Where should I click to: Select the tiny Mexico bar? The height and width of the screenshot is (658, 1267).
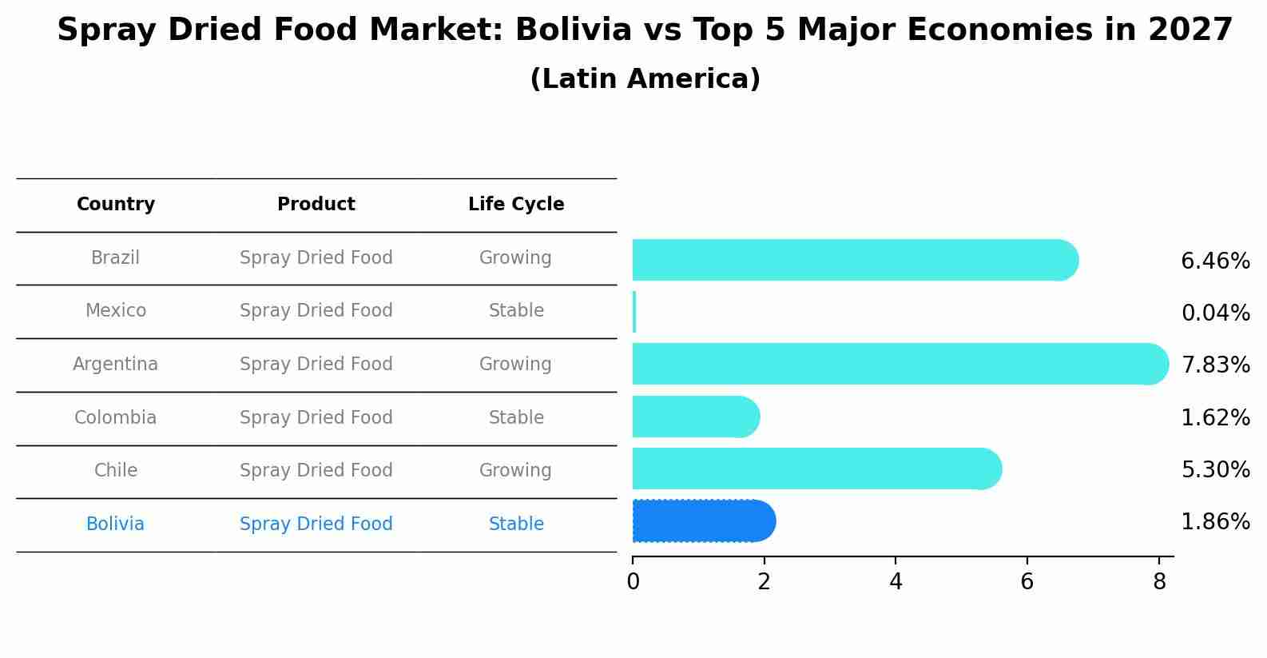pyautogui.click(x=634, y=312)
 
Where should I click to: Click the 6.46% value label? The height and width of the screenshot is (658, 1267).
pyautogui.click(x=1215, y=261)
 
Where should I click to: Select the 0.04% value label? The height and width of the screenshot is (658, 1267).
pyautogui.click(x=1215, y=313)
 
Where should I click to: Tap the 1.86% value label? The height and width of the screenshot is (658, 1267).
pyautogui.click(x=1215, y=522)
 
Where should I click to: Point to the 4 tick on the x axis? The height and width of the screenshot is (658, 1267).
pyautogui.click(x=896, y=581)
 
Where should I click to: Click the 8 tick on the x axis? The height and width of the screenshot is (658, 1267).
pyautogui.click(x=1159, y=581)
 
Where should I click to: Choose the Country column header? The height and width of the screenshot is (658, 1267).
pyautogui.click(x=116, y=205)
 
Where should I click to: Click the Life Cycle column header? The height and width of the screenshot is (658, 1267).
pyautogui.click(x=516, y=205)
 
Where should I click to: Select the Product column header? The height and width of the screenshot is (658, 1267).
pyautogui.click(x=316, y=205)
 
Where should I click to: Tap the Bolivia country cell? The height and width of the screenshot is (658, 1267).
pyautogui.click(x=115, y=524)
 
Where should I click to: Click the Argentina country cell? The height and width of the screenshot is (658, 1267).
pyautogui.click(x=115, y=365)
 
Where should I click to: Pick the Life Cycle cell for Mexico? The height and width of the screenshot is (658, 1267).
pyautogui.click(x=516, y=311)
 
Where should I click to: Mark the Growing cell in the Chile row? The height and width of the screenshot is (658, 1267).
pyautogui.click(x=515, y=471)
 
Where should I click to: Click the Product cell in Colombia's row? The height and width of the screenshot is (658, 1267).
pyautogui.click(x=316, y=418)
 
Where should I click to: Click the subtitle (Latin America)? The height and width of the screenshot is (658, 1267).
pyautogui.click(x=645, y=79)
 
